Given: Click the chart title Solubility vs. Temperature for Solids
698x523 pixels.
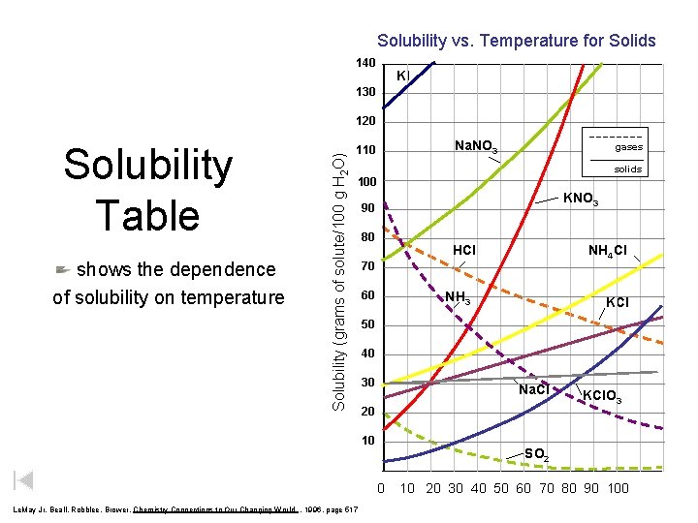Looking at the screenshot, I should tap(516, 41).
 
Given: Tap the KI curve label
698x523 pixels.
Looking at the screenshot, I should tap(403, 76).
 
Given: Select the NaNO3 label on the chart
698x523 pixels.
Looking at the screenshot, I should tap(476, 146).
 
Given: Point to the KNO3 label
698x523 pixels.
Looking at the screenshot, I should tap(582, 200).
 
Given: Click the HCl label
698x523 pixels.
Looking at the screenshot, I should tap(464, 250).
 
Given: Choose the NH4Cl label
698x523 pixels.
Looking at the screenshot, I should tap(607, 251).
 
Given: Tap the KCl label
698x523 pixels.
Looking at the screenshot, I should tap(617, 302).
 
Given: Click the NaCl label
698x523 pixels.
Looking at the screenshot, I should tap(533, 389).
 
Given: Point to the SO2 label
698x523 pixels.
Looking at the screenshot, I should tap(536, 454).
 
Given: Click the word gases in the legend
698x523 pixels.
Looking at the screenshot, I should tap(628, 147).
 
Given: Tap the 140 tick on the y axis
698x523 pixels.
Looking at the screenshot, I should tap(365, 63).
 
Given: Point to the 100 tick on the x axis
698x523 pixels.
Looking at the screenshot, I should tap(618, 488).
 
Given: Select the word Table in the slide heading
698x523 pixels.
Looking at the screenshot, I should tap(147, 214).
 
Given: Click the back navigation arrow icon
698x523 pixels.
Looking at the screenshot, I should tap(24, 480).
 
